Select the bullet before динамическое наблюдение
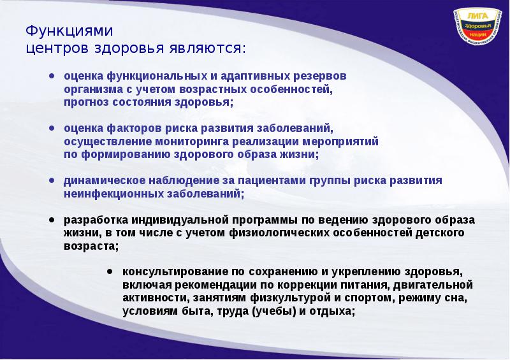51,180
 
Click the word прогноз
86,102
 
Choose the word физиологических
277,233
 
